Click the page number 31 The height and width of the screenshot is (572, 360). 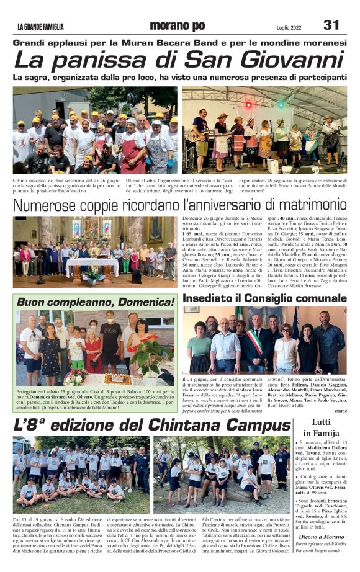pyautogui.click(x=331, y=25)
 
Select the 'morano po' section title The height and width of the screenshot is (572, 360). pyautogui.click(x=177, y=25)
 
